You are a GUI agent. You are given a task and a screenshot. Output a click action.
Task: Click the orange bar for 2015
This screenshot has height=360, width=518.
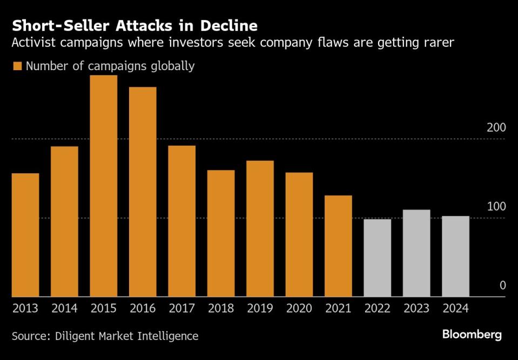coord(103,186)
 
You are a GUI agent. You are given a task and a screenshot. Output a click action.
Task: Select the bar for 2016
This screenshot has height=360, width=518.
coord(143,192)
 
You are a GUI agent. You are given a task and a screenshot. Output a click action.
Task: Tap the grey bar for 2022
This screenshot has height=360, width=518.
coord(378,258)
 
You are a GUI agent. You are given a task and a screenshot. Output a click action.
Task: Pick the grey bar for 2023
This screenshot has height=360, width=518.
coord(416,253)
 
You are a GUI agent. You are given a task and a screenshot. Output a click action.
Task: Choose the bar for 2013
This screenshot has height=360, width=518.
coord(25,235)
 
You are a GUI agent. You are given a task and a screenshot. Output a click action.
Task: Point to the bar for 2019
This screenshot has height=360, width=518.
coord(260,229)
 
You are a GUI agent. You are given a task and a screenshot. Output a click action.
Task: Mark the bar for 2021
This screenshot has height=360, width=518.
coord(338,246)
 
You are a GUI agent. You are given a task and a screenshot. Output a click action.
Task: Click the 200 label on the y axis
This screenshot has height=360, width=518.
coord(496,128)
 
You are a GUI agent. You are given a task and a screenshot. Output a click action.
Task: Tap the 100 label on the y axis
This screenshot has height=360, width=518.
coord(496,207)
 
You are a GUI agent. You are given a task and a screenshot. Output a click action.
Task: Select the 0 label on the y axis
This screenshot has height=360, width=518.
coord(502,286)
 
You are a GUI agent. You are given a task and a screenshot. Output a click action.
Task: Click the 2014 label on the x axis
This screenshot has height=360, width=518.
coord(64,309)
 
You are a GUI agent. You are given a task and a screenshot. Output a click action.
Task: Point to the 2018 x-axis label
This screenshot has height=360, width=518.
coord(221,309)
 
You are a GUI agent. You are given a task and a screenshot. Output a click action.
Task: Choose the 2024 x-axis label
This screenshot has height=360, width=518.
coord(455,309)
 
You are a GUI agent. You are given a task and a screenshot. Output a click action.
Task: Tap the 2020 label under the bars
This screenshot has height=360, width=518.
coord(299,309)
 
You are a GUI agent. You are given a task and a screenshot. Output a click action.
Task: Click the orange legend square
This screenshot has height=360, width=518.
coord(17,66)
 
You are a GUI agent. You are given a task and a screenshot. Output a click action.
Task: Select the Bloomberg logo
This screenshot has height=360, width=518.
coord(472,335)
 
